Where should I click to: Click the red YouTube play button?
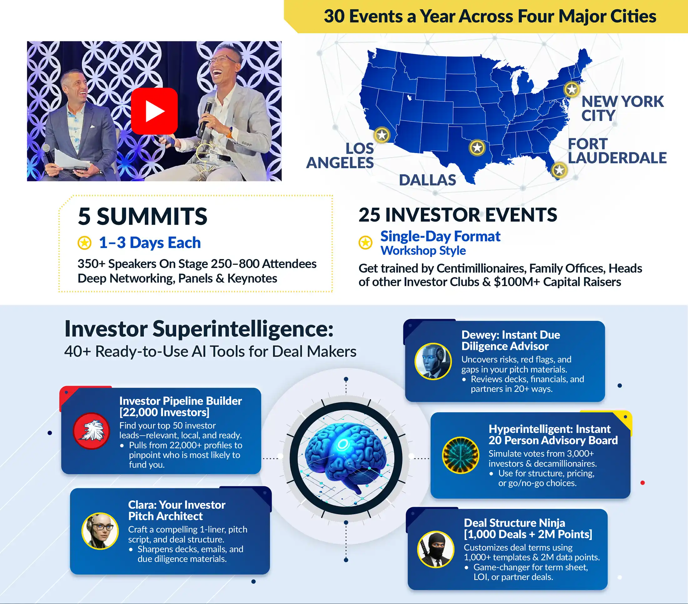pos(154,111)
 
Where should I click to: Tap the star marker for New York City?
pos(572,89)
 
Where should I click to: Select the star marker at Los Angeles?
pos(382,135)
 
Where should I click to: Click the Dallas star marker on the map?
pos(477,147)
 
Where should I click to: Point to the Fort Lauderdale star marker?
pos(559,170)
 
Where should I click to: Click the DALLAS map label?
pos(427,180)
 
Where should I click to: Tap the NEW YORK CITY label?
pos(622,109)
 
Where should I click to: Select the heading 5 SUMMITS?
pos(142,216)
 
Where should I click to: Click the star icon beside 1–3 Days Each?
pos(84,243)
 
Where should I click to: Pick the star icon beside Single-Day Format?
pos(366,242)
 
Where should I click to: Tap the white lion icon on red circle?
pos(92,431)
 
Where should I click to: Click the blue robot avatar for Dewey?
pos(433,361)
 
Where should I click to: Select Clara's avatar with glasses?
pos(100,531)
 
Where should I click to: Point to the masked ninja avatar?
pos(436,549)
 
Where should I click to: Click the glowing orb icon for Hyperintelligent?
pos(460,455)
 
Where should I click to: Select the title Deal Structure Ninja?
pos(514,523)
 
